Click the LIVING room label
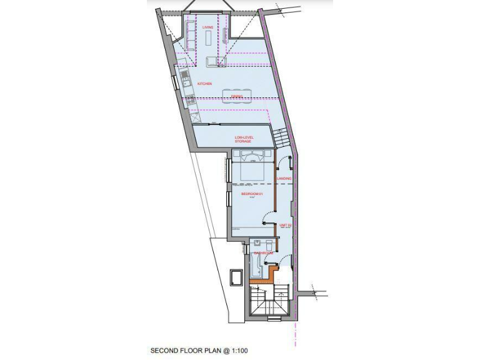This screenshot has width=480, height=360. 208,27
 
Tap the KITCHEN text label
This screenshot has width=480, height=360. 204,83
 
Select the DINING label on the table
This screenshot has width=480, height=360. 236,96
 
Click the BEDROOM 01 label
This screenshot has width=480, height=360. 251,194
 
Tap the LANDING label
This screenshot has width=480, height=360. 284,179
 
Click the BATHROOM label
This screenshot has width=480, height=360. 263,253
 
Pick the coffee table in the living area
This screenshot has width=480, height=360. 208,39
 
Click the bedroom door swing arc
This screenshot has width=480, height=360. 267,217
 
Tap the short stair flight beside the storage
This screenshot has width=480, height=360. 281,135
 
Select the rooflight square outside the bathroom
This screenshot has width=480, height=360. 237,277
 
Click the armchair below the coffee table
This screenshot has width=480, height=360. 212,61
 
